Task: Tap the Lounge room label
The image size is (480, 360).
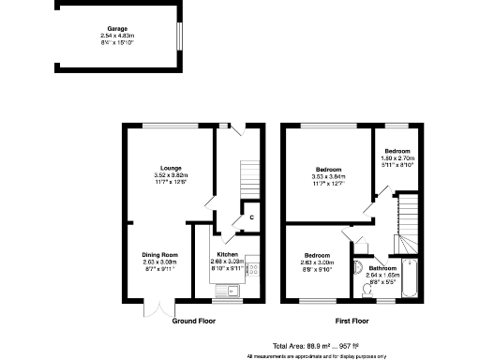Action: [x=171, y=168]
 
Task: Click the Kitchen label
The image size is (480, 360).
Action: [x=229, y=254]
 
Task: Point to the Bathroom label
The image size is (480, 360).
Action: [x=382, y=268]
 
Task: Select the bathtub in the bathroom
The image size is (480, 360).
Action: [x=411, y=277]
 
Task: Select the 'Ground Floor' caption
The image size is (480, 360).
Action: [x=195, y=321]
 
